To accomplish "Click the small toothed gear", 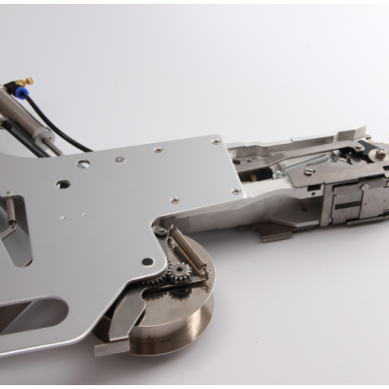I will coord(179,269).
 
